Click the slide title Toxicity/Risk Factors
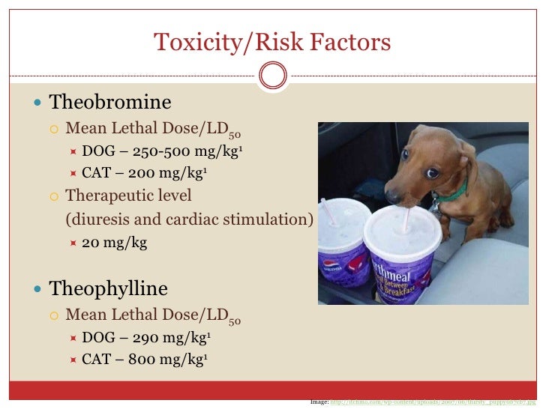click(272, 42)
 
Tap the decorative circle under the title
click(272, 75)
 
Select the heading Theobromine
click(110, 102)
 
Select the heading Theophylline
click(108, 288)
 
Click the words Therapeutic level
click(128, 196)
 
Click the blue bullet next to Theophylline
click(38, 289)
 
